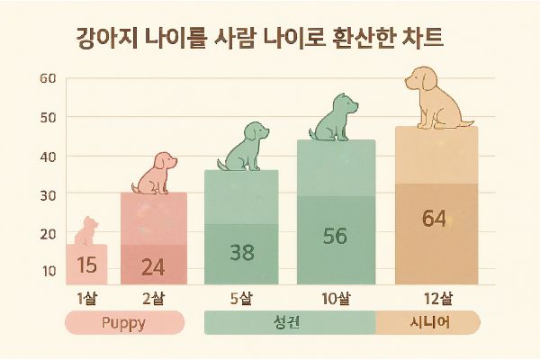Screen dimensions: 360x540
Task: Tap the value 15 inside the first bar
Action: [86, 265]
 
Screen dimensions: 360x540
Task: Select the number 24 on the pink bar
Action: [153, 266]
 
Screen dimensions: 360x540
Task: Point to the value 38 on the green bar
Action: [241, 252]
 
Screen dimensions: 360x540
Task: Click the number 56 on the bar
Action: [335, 236]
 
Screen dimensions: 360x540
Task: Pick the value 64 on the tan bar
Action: [435, 219]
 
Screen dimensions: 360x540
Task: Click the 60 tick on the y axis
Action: [49, 78]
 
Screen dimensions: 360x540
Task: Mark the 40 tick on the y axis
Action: [49, 156]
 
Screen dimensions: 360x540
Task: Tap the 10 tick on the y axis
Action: [49, 271]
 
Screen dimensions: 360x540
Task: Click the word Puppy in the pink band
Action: [124, 322]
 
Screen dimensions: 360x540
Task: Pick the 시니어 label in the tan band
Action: [427, 322]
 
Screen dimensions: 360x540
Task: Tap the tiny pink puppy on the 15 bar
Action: [85, 231]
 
